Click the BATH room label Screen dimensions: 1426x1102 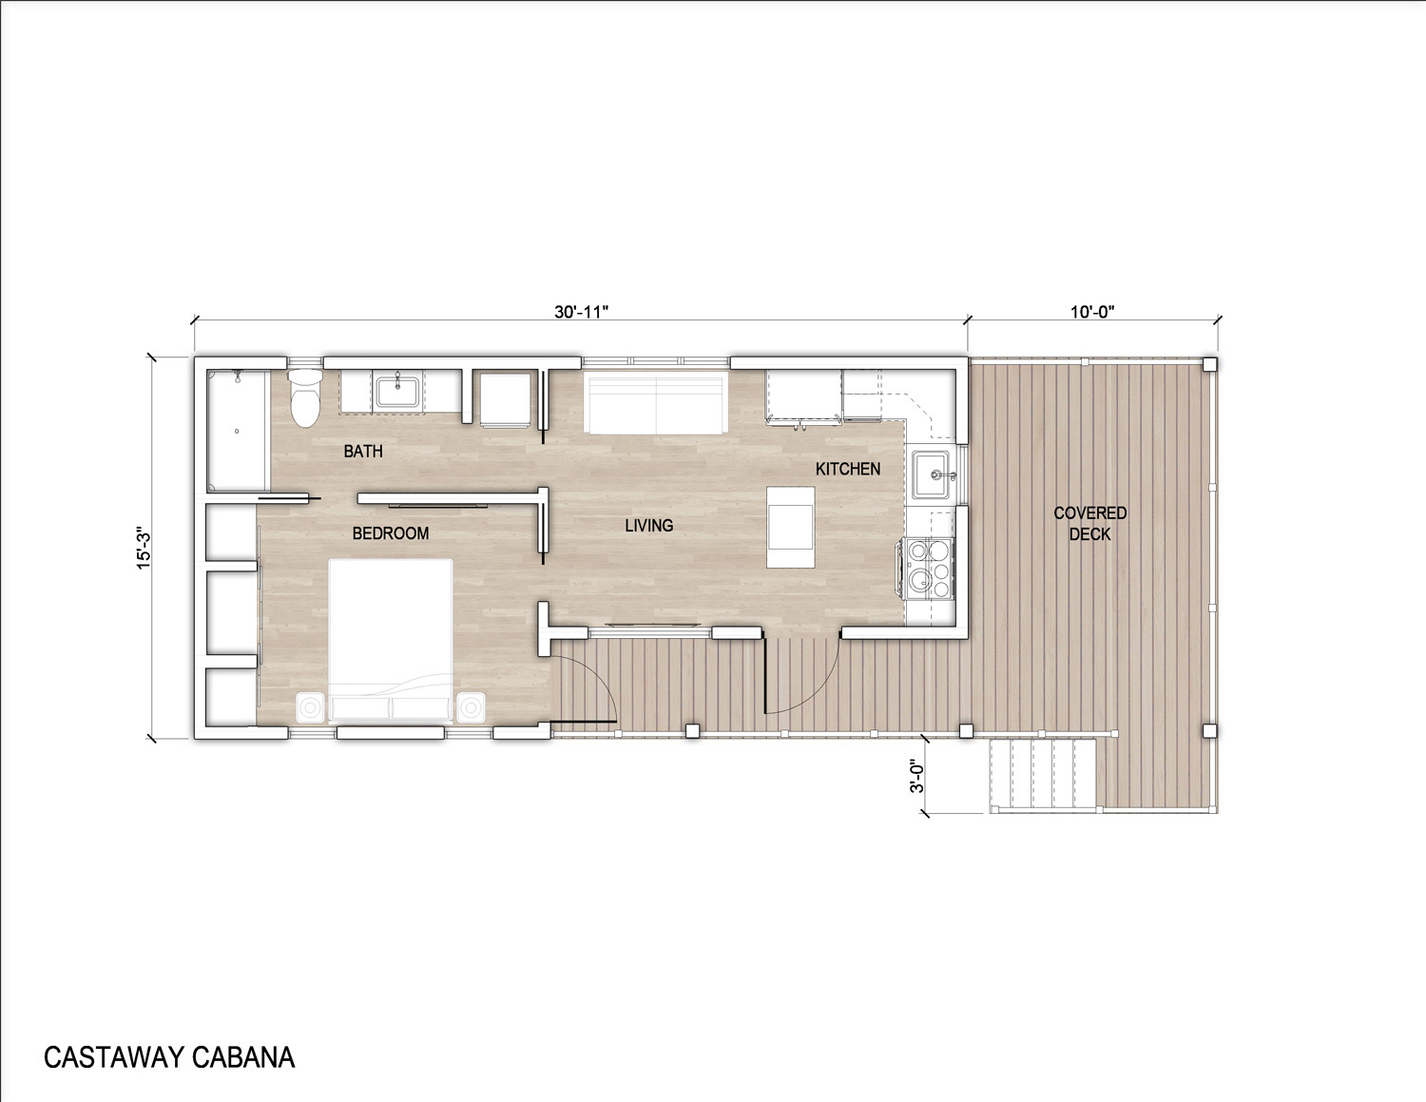coord(363,452)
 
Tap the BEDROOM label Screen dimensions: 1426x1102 coord(391,533)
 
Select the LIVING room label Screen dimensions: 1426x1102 coord(649,525)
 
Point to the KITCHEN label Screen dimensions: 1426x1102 coord(848,469)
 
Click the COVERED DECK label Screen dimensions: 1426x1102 coord(1090,523)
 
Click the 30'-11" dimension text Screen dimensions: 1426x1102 coord(582,312)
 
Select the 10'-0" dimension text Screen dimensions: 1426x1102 coord(1092,312)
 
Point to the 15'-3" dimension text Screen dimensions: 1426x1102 coord(144,548)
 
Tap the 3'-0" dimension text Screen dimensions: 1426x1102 coord(916,777)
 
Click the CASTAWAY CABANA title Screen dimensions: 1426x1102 coord(169,1057)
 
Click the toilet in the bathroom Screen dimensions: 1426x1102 coord(304,398)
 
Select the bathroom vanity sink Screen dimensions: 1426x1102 coord(398,392)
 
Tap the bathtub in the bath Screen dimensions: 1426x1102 coord(238,431)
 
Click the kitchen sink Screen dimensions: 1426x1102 coord(933,474)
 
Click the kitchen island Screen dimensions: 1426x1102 coord(791,527)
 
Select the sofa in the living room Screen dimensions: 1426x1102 coord(656,402)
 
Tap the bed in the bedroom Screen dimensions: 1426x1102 coord(391,642)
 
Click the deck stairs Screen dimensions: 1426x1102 coord(1043,775)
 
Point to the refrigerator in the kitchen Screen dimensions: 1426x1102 coord(804,396)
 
